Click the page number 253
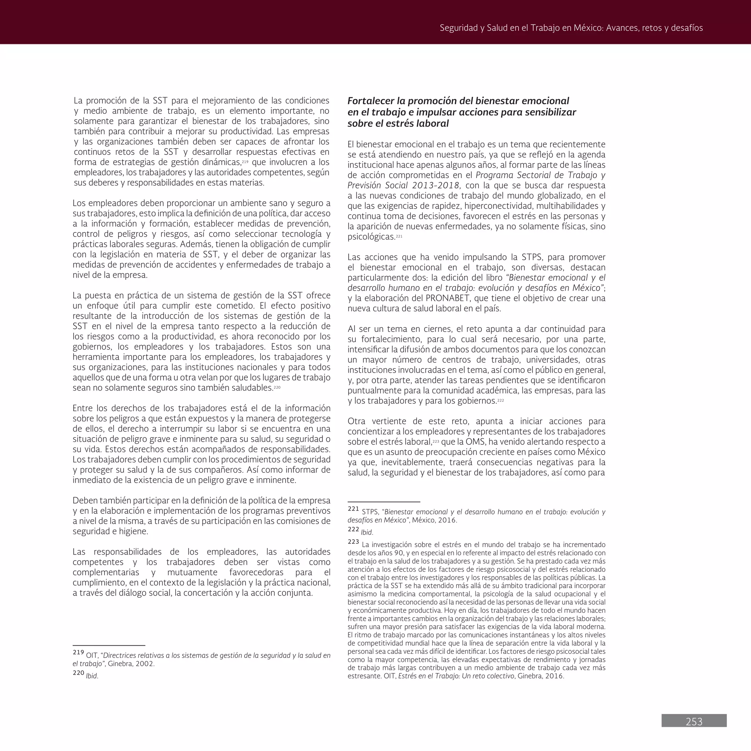(x=694, y=722)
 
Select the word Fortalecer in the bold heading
(x=371, y=101)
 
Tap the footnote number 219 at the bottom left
(x=78, y=653)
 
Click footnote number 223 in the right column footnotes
(x=353, y=542)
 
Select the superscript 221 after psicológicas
(x=399, y=236)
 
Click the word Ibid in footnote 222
(x=366, y=532)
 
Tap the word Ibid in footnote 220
(x=91, y=676)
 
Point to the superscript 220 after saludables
(x=277, y=387)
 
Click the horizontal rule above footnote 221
(x=384, y=502)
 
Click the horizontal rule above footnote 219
(x=109, y=645)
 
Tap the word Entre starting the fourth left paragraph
(x=83, y=408)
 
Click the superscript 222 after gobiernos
(x=500, y=400)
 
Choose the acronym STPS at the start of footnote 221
(x=370, y=512)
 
